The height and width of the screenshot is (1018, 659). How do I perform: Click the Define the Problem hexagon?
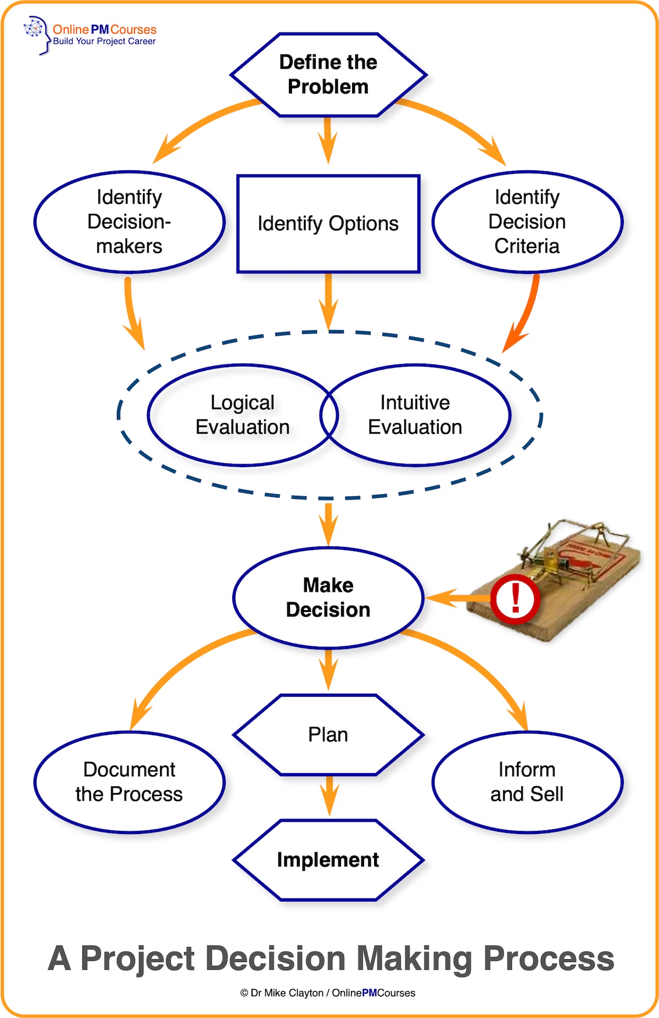coord(328,75)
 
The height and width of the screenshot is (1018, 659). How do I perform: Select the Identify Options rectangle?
coord(328,223)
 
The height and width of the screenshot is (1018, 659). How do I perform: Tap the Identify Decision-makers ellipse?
coord(129,222)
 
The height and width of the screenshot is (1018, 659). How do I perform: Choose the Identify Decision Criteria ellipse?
coord(527,222)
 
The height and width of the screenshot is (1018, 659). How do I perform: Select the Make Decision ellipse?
coord(328,597)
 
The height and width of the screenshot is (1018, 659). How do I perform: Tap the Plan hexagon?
coord(328,735)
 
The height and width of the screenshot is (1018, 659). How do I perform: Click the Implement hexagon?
coord(328,860)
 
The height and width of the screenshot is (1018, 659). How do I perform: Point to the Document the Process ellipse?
coord(129,782)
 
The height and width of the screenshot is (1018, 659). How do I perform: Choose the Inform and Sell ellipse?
coord(527,782)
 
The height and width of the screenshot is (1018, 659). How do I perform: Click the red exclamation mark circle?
coord(515,599)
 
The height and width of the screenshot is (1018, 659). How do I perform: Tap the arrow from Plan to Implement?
coord(329,796)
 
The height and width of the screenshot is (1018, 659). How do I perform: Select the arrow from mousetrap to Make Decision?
coord(456,598)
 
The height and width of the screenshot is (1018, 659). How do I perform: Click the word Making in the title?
coord(415,959)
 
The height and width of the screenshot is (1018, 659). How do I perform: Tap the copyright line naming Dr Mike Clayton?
coord(328,993)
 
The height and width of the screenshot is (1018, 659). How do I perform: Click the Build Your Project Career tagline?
coord(104,42)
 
